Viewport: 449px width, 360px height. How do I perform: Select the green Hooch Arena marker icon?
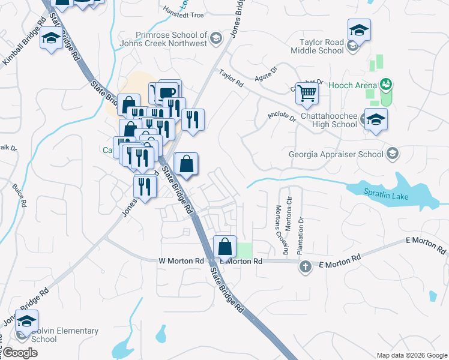click(387, 84)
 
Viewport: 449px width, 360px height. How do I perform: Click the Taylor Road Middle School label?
click(322, 46)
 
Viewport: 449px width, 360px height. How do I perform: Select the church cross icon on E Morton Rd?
click(305, 266)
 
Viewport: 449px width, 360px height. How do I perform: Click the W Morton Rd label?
click(181, 261)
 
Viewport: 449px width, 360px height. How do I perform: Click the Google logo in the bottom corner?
click(20, 353)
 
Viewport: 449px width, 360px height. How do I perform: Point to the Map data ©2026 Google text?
click(411, 355)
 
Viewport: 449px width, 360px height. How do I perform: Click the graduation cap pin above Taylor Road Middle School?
click(358, 29)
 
